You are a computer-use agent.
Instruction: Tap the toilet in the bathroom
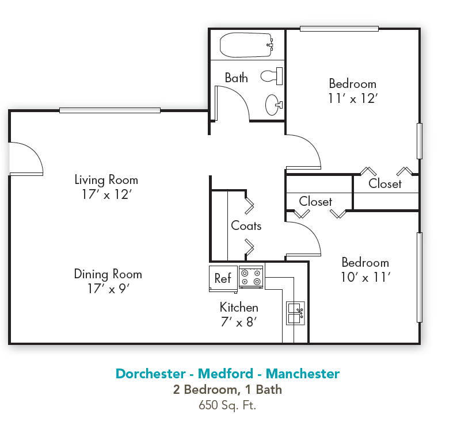tap(271, 75)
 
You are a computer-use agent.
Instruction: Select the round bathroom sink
tap(273, 105)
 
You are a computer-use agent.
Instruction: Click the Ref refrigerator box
tap(223, 278)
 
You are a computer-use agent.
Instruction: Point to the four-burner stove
tap(251, 278)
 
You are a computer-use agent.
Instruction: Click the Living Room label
tap(106, 180)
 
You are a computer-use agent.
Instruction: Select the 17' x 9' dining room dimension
tap(108, 289)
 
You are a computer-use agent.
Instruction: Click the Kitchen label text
tap(239, 307)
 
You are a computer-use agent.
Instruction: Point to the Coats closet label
tap(246, 226)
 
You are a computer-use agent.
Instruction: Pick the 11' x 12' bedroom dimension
tap(352, 98)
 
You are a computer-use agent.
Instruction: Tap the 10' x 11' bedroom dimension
tap(365, 277)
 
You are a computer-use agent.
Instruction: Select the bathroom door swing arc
tap(233, 103)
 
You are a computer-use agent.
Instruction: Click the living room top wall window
tap(110, 110)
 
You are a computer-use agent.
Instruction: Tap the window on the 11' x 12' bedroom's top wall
tap(339, 28)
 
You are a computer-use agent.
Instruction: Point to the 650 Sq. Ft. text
tap(227, 405)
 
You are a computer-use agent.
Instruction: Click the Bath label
tap(236, 78)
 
